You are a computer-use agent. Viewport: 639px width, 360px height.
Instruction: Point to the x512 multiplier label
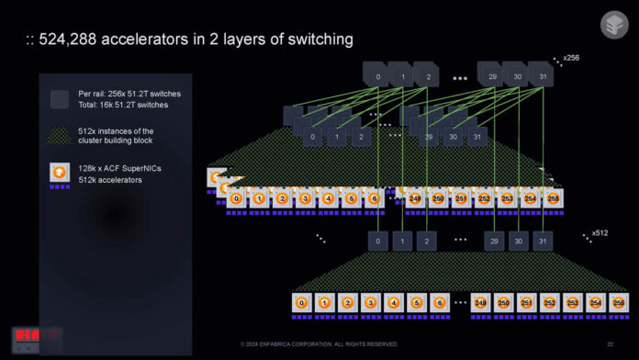coord(600,232)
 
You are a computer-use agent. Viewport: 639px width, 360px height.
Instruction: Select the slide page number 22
coord(610,344)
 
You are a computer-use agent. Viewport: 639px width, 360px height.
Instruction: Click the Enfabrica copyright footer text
coord(319,344)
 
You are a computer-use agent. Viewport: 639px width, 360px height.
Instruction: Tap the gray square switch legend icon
coord(60,99)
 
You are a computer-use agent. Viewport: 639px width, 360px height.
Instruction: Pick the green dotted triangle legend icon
coord(60,136)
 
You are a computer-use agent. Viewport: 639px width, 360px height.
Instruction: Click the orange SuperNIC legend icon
coord(60,173)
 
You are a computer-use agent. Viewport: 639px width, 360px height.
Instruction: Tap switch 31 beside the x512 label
coord(543,241)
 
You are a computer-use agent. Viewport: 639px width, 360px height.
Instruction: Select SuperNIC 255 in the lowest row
coord(616,302)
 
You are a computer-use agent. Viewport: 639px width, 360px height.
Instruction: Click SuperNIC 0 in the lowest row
coord(302,302)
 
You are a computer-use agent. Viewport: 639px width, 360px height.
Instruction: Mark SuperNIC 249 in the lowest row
coord(481,302)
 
